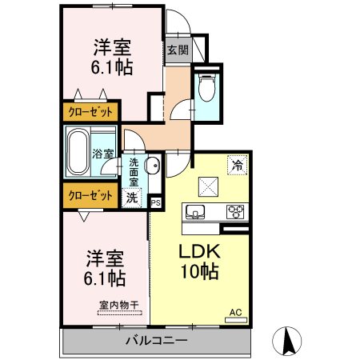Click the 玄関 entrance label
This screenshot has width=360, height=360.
pos(178,50)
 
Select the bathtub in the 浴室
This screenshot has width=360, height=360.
pos(78,152)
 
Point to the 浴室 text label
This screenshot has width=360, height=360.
pos(103,154)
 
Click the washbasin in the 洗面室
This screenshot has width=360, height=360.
pos(153,166)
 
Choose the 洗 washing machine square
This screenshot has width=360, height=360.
pos(132,198)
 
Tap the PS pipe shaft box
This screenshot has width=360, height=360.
pos(156,203)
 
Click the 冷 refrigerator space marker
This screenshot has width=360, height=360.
pos(237,165)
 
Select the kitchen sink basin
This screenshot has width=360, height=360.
pos(195,212)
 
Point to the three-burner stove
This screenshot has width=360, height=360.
pos(235,212)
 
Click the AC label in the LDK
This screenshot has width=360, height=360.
pos(236,312)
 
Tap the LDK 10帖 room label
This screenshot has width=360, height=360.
pos(199,261)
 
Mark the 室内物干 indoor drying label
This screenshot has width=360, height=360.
pos(119,305)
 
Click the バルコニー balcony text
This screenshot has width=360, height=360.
pos(157,341)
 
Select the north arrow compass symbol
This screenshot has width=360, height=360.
pos(287,341)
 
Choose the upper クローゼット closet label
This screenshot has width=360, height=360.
pos(90,112)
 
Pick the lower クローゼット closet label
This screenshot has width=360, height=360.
pos(90,196)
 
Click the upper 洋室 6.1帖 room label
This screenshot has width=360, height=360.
pos(112,57)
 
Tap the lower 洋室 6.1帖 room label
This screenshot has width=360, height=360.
pos(105,268)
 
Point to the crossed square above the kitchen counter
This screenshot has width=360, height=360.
pos(208,186)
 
